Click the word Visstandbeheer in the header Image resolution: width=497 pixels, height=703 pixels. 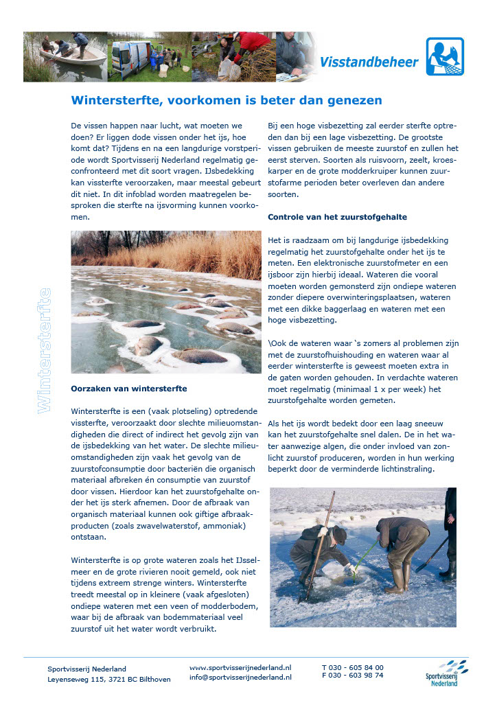pos(369,62)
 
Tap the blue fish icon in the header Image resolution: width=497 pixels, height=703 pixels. pos(444,56)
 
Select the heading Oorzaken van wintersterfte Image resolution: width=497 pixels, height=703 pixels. pos(129,389)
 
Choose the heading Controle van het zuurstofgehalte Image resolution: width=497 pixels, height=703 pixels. pos(337,217)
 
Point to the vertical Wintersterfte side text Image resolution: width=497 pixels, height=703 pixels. pos(45,350)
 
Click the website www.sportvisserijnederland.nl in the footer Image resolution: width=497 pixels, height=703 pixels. pos(240,667)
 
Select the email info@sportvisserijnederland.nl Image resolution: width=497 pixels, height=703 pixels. pos(240,677)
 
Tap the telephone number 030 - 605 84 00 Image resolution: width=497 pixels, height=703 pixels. pos(357,667)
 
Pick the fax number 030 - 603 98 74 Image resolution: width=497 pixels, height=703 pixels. pos(357,676)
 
